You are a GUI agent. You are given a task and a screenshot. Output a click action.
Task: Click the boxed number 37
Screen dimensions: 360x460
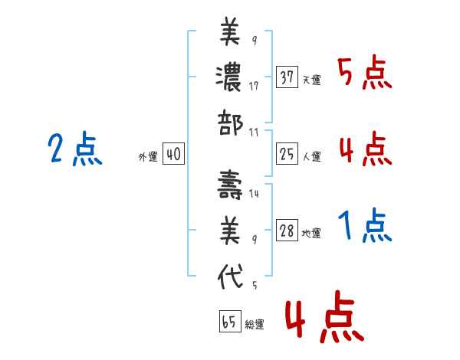287,77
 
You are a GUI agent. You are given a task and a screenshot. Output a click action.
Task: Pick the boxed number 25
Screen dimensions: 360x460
287,155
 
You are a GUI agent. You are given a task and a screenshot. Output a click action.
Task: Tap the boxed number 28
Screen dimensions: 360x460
287,231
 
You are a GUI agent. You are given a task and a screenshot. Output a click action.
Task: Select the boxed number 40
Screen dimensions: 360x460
173,155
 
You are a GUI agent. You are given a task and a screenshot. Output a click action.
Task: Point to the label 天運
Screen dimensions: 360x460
311,80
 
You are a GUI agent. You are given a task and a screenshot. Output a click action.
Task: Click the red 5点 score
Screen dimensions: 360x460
365,74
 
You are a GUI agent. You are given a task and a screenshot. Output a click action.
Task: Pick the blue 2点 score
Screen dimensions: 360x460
74,149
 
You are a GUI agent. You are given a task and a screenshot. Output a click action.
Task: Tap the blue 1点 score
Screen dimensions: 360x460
365,227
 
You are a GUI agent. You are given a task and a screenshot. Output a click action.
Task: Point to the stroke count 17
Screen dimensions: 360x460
254,86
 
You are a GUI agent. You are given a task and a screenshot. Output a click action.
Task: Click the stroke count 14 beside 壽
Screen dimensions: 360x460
254,194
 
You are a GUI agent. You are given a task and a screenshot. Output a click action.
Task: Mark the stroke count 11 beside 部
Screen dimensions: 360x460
254,132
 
